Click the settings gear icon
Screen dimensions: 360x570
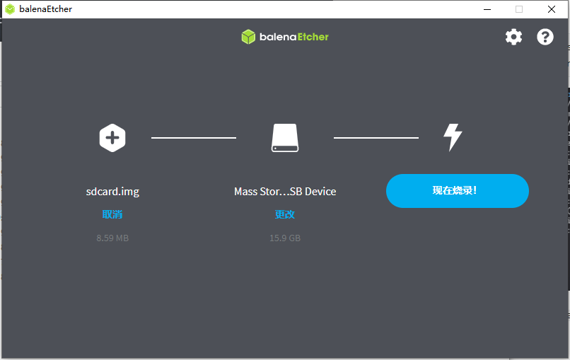513,37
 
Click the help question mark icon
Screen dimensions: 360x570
545,37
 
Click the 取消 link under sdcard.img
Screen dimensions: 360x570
112,214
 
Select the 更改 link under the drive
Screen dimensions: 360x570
285,214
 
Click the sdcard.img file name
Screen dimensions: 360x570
112,192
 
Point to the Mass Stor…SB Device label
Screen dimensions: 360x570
285,192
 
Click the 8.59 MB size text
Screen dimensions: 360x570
112,238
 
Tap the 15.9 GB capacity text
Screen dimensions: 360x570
285,238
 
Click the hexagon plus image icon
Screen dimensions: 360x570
112,137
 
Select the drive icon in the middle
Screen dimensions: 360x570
285,137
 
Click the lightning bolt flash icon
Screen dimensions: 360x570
453,137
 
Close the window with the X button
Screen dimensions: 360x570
552,9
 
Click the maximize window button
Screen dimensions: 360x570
519,9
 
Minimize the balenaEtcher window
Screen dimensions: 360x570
487,9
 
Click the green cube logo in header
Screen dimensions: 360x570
248,37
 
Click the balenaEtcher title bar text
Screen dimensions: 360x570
45,9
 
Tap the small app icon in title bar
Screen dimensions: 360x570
10,9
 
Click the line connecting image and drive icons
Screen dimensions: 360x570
194,138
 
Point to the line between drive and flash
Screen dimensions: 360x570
376,138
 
